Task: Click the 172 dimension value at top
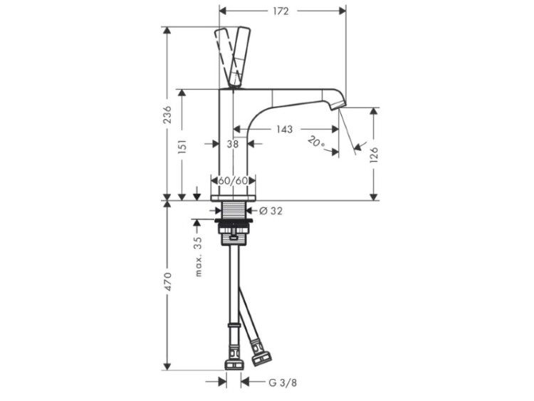coord(281,11)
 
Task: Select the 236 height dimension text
coord(167,115)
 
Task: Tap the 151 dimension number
coord(182,147)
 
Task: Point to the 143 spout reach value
coord(284,129)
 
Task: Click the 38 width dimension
coord(233,144)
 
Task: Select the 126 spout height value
coord(374,155)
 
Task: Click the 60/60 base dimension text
coord(233,181)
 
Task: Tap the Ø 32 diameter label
coord(271,211)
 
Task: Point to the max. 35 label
coord(199,256)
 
